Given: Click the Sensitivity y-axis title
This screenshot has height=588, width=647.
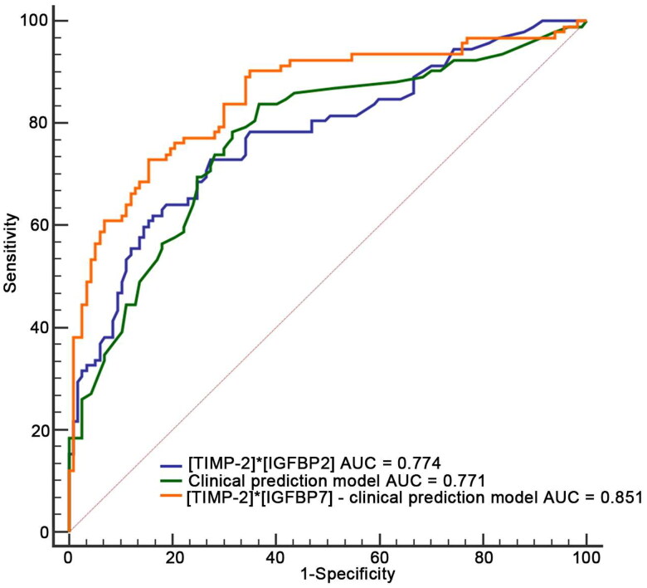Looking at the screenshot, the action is [10, 253].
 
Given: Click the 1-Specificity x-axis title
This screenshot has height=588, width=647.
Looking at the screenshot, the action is [348, 575].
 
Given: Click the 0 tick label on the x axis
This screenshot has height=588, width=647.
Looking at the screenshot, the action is [69, 558].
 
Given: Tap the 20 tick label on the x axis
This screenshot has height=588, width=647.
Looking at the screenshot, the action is [173, 558].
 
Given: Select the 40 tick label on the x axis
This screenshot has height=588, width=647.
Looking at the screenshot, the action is [275, 558].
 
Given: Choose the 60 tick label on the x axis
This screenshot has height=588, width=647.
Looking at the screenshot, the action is [379, 558].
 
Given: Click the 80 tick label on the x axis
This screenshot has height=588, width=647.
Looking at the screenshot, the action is [483, 558].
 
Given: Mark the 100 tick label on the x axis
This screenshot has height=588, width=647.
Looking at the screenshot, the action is [586, 558].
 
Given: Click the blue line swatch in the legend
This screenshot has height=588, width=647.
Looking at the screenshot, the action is [171, 465].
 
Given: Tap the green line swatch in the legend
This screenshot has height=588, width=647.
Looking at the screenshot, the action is [171, 481].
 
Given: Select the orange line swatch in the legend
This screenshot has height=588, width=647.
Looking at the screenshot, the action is [171, 496].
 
